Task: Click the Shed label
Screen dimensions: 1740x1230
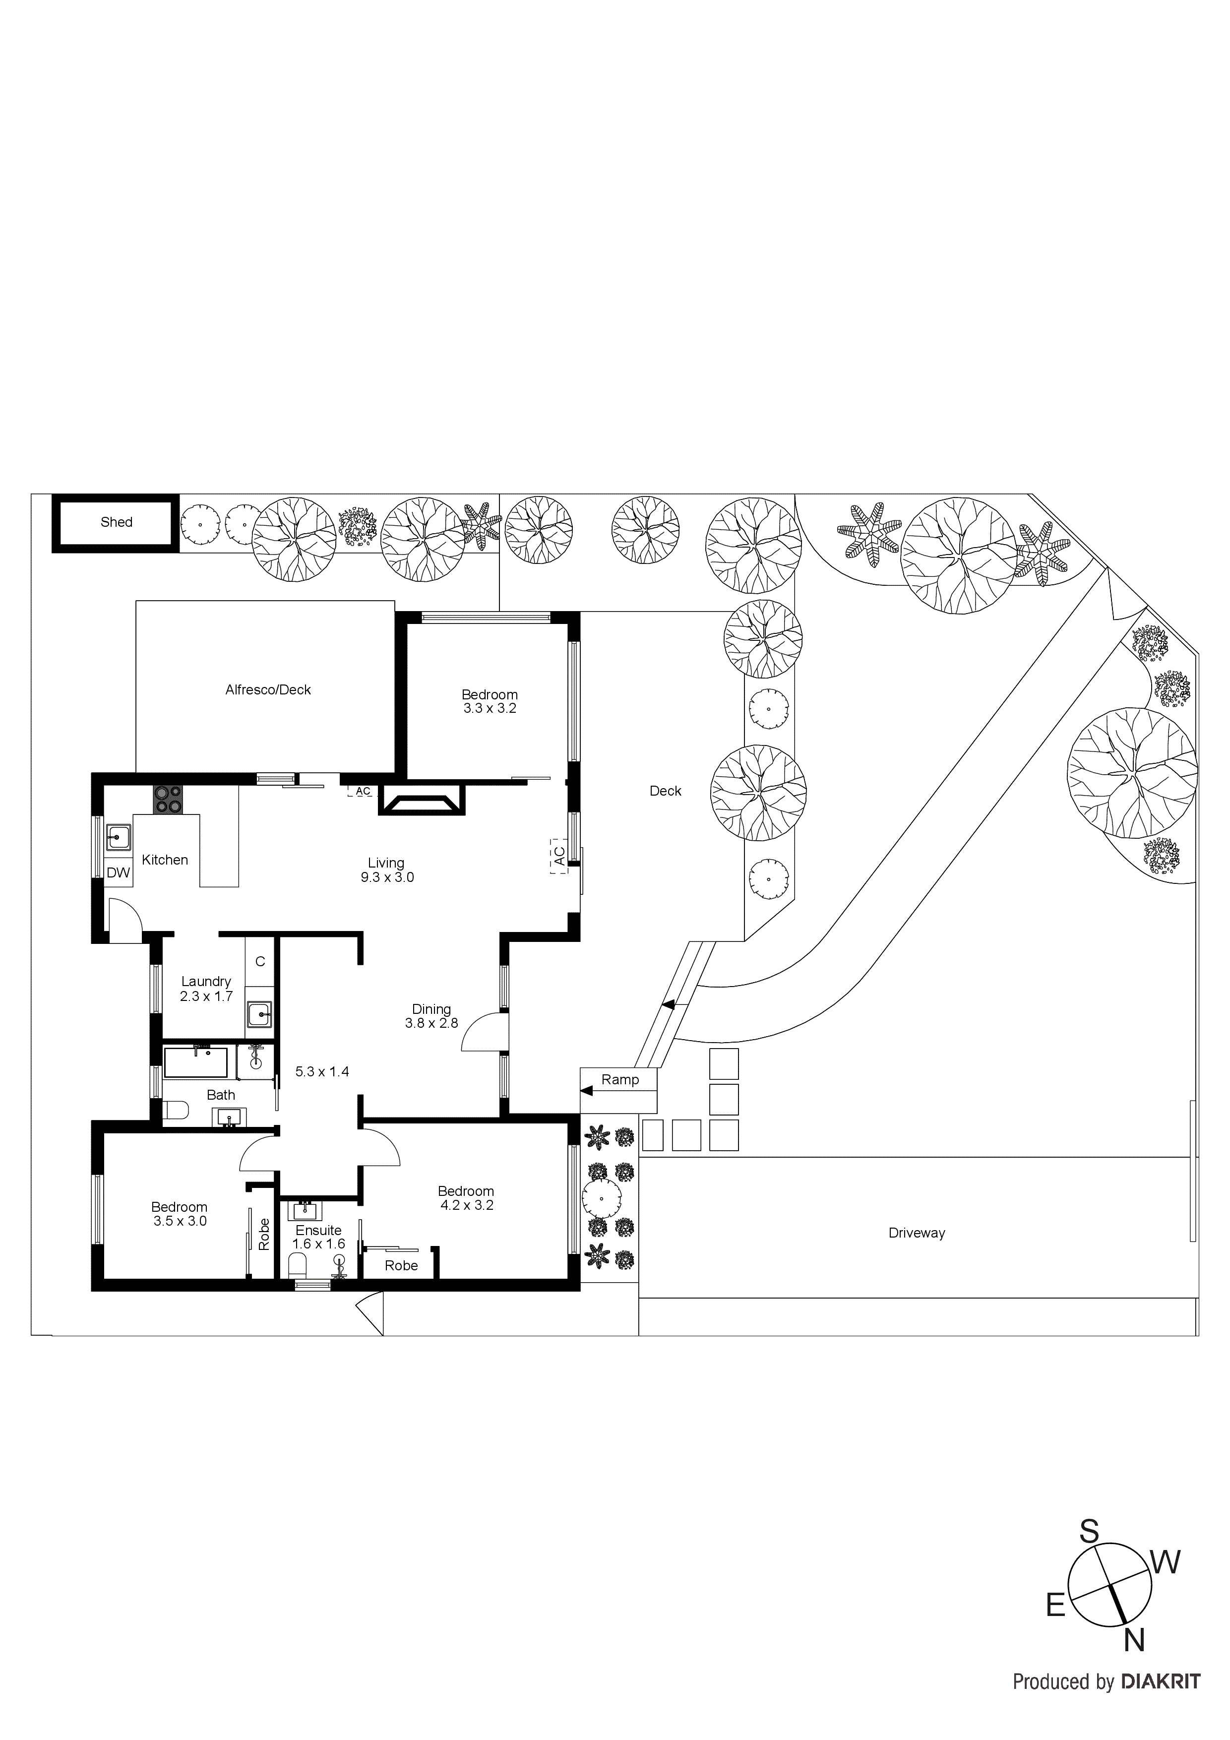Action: (116, 522)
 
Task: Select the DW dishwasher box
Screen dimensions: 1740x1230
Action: (118, 873)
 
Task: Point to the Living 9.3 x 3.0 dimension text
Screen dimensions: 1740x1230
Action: (387, 877)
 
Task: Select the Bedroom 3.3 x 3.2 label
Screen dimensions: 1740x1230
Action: (490, 701)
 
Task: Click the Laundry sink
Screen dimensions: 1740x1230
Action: (259, 1014)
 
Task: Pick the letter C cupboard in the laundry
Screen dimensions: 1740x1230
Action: (260, 962)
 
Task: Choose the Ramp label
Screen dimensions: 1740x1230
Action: (620, 1080)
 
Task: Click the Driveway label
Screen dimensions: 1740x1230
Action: (916, 1233)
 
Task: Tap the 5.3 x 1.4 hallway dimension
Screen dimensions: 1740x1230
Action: (322, 1071)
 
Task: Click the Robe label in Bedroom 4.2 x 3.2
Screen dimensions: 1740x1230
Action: (401, 1266)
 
